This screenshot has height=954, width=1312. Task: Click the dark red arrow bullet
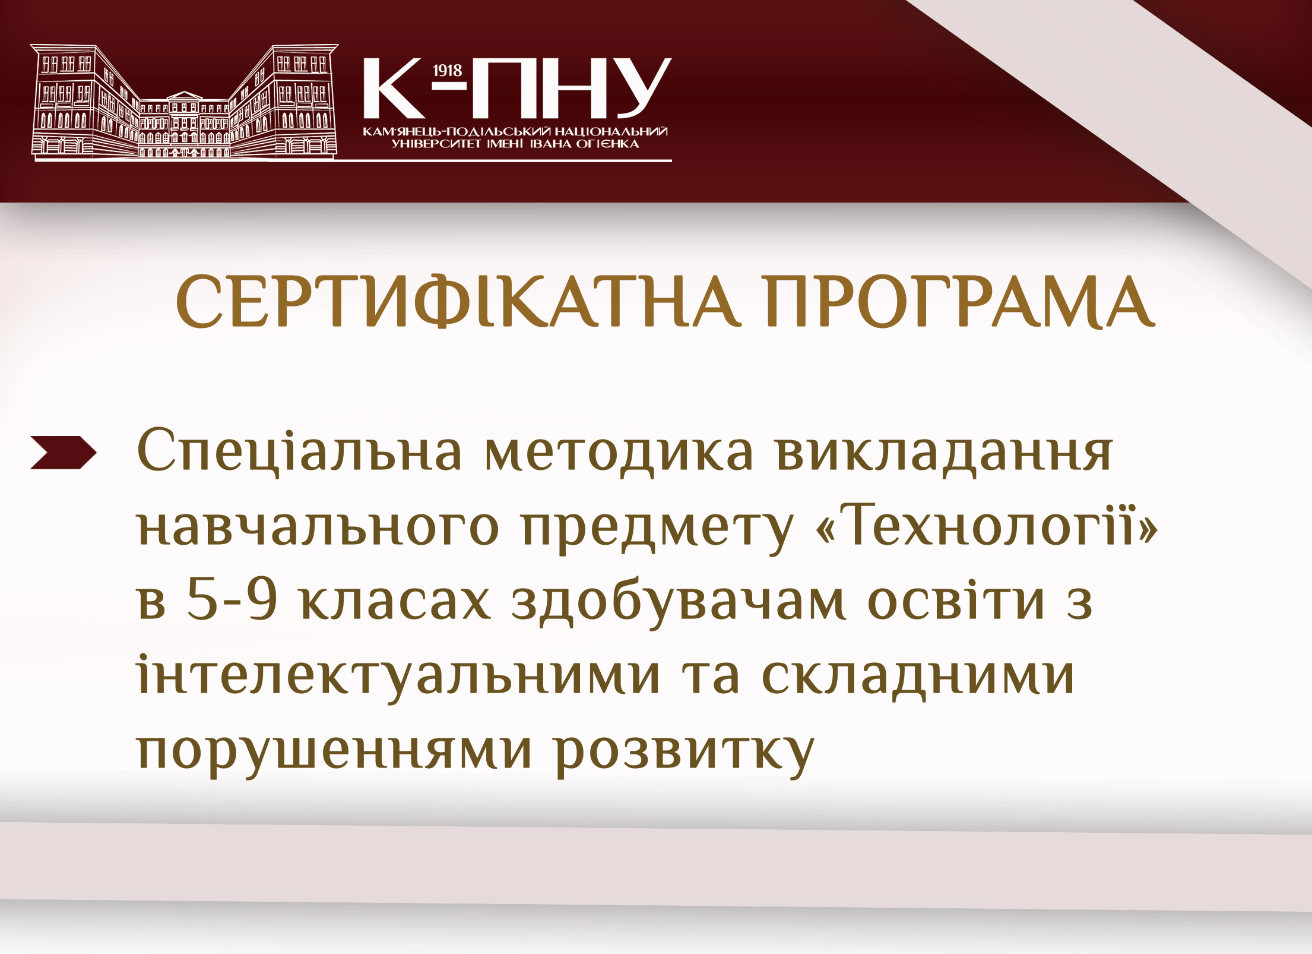(63, 453)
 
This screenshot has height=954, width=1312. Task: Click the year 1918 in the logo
(447, 71)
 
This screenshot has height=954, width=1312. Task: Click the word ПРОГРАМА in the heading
(960, 301)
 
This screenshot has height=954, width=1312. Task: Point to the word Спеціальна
(299, 451)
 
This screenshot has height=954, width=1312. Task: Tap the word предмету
(657, 529)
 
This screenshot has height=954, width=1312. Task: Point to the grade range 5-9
(232, 599)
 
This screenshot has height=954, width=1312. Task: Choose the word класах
(395, 599)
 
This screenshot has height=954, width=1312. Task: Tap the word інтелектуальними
(398, 675)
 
